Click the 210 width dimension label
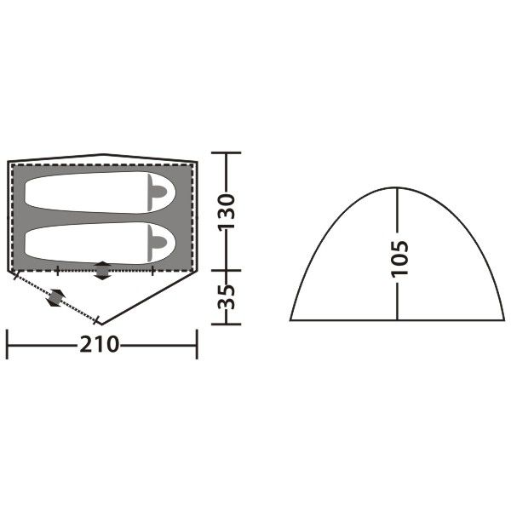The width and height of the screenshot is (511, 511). (100, 344)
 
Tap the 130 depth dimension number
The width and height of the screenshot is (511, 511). (227, 212)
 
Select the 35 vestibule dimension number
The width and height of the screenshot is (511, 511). (227, 296)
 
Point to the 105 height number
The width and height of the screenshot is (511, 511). (399, 258)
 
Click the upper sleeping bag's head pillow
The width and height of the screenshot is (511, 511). (157, 192)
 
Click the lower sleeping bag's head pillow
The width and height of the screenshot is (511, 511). (157, 243)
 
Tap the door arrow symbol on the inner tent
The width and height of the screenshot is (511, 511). (102, 271)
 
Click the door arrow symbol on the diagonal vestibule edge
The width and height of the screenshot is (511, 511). (56, 298)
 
